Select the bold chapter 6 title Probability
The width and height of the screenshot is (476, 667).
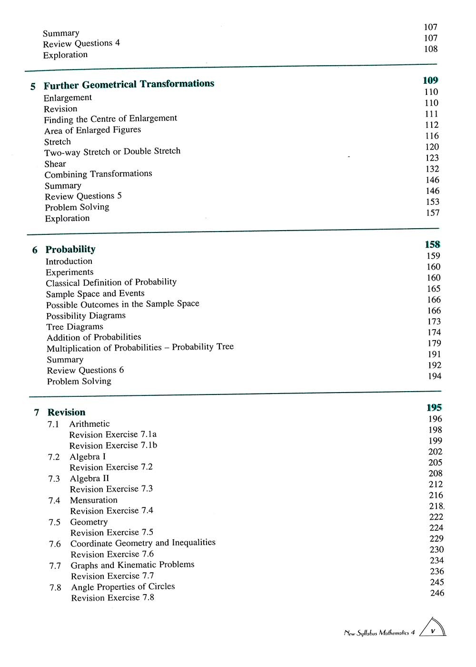point(70,249)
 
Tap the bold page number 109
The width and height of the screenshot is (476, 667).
point(430,81)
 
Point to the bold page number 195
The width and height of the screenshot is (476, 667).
point(434,407)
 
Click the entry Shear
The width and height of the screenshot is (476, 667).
point(55,164)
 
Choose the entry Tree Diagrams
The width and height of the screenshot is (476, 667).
point(75,327)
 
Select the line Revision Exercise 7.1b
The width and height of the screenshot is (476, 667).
point(113,445)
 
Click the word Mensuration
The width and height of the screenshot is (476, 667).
point(94,500)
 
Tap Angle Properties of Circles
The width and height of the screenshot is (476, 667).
point(123,587)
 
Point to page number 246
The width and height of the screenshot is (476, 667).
point(437,593)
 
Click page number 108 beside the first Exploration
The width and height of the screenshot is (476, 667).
point(431,49)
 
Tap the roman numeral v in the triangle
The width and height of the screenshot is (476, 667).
point(433,631)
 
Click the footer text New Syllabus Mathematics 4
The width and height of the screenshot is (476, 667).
point(379,633)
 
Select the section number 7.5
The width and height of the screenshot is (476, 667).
point(54,523)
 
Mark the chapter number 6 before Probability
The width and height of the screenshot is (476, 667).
point(35,250)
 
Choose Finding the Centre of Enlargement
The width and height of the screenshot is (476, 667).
point(110,119)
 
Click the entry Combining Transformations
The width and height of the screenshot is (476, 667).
point(99,174)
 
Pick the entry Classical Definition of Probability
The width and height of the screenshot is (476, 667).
point(111,283)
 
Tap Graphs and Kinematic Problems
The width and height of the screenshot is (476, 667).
point(133,565)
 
